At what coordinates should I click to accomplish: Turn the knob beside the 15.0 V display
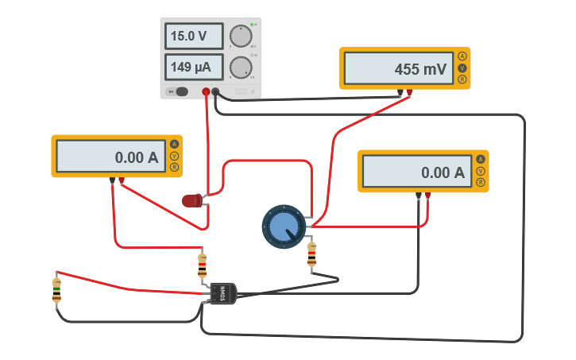coord(240,37)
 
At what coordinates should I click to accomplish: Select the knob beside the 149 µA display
coord(240,68)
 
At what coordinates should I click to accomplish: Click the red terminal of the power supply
coord(206,92)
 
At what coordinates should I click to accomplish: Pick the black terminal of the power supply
coord(215,92)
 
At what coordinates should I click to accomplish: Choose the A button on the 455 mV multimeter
coord(462,56)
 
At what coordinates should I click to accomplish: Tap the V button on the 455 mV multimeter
coord(462,68)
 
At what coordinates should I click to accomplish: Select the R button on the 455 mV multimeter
coord(462,79)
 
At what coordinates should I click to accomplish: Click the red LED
coord(192,200)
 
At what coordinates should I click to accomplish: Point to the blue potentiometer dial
coord(284,226)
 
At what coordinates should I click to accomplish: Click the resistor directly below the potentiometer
coord(311,254)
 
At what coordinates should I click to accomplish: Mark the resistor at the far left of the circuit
coord(56,290)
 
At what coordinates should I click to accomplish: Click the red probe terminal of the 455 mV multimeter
coord(409,93)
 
